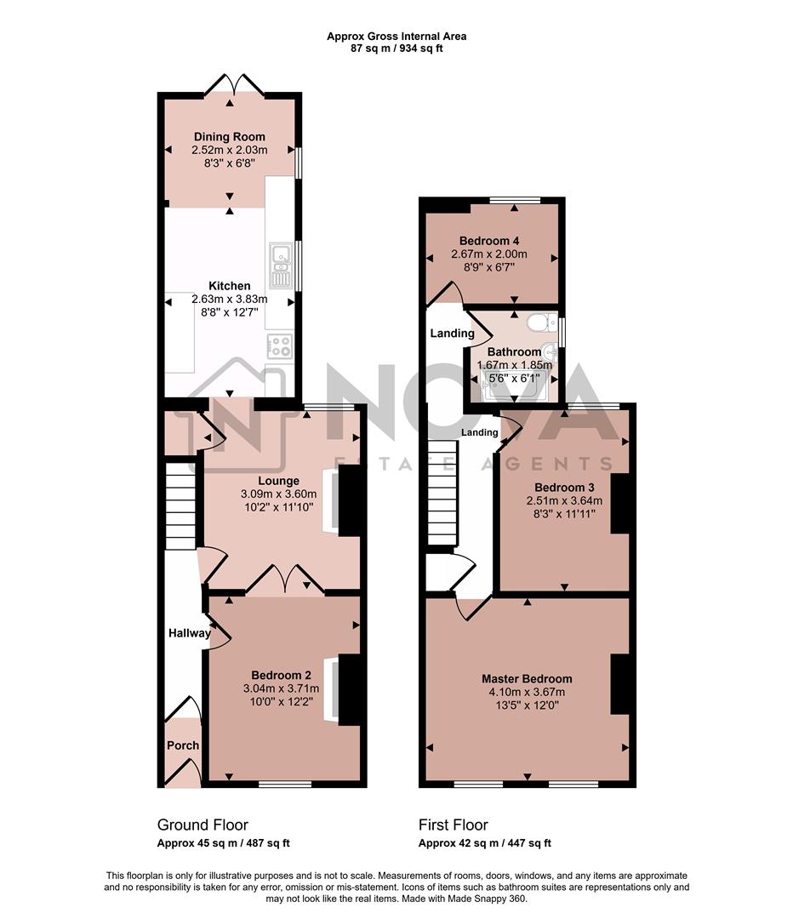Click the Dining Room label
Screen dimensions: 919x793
229,137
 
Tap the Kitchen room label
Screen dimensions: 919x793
230,286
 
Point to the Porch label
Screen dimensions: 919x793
183,745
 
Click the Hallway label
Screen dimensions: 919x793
189,633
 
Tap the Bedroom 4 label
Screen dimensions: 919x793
489,240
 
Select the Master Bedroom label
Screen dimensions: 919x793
527,679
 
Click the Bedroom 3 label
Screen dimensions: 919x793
563,487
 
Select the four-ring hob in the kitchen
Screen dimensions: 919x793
280,345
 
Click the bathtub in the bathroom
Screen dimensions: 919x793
511,385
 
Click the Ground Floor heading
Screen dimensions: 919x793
203,825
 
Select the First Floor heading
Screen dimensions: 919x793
453,825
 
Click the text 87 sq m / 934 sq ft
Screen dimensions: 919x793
396,49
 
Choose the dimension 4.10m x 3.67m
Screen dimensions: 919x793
527,693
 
